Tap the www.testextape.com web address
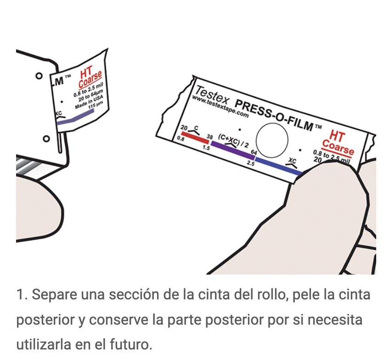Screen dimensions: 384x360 tap(220, 107)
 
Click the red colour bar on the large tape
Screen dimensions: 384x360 tap(195, 137)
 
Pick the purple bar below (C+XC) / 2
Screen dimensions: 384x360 tap(233, 150)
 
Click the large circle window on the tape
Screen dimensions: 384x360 tap(272, 141)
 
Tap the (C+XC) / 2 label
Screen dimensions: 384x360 tap(233, 141)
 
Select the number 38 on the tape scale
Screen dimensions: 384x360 tap(209, 137)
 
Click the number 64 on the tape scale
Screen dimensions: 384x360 tap(254, 152)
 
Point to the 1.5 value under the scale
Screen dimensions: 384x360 tap(206, 148)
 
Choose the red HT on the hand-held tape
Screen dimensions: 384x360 tap(337, 135)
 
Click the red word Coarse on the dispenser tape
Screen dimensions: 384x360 tap(90, 79)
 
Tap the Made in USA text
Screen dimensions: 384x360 tap(89, 102)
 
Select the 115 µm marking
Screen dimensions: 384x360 tap(96, 105)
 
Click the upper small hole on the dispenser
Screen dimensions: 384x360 tap(39, 76)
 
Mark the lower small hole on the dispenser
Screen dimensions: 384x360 tap(46, 139)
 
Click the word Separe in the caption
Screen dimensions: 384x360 tap(54, 294)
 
